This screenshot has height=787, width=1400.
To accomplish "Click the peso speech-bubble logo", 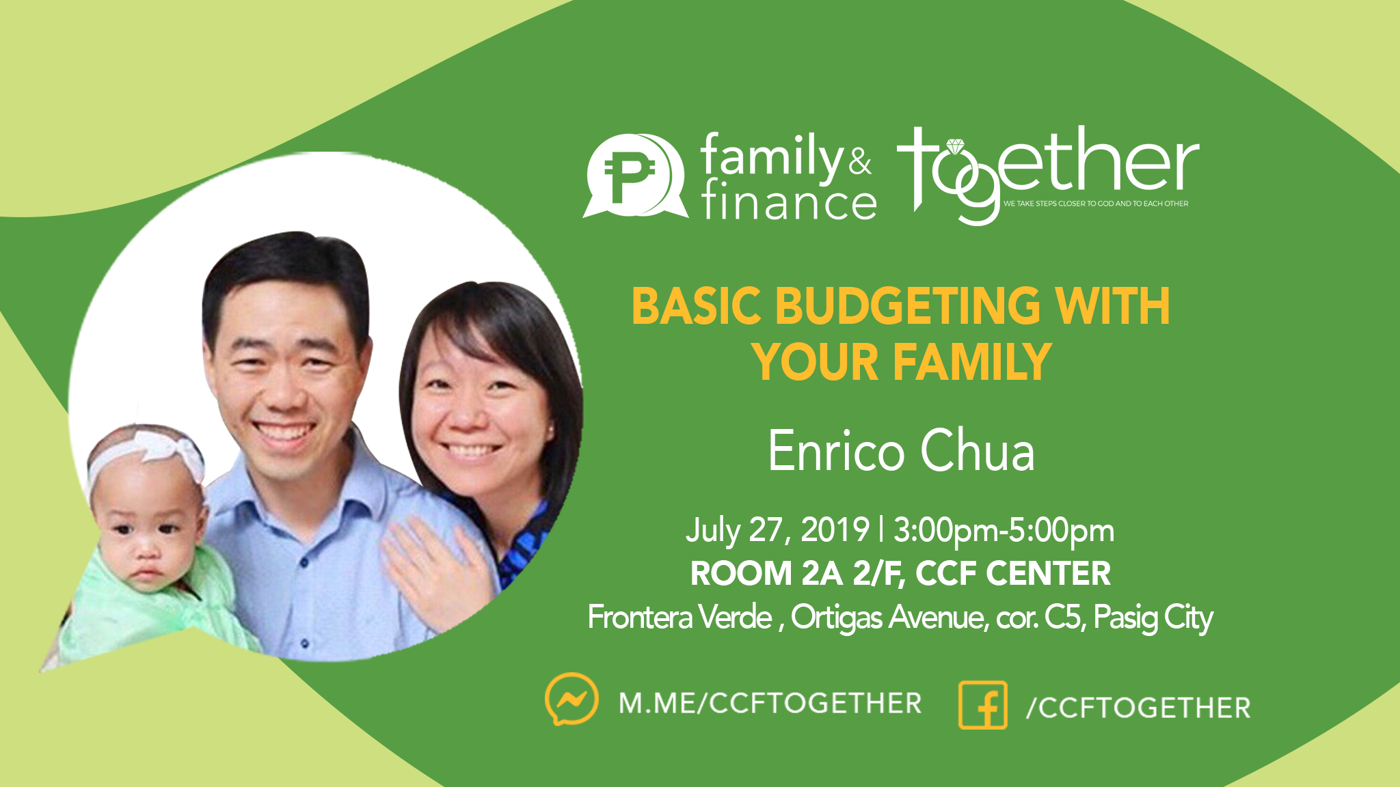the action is [635, 176].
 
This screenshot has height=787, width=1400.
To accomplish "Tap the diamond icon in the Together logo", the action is [955, 146].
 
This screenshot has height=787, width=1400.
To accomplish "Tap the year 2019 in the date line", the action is [835, 530].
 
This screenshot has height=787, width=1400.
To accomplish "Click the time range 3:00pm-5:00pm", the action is [1004, 531].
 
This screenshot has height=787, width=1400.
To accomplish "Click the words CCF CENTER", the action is [1013, 574].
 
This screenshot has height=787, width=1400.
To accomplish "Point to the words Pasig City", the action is [1153, 618].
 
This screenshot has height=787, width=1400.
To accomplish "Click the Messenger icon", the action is [571, 700].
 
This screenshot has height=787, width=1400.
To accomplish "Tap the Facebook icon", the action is [983, 705].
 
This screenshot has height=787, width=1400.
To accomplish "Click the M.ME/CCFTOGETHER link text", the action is [770, 703].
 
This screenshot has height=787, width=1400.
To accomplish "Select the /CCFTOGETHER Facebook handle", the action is [1138, 708].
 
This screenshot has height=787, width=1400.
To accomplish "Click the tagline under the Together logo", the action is [1096, 204].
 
